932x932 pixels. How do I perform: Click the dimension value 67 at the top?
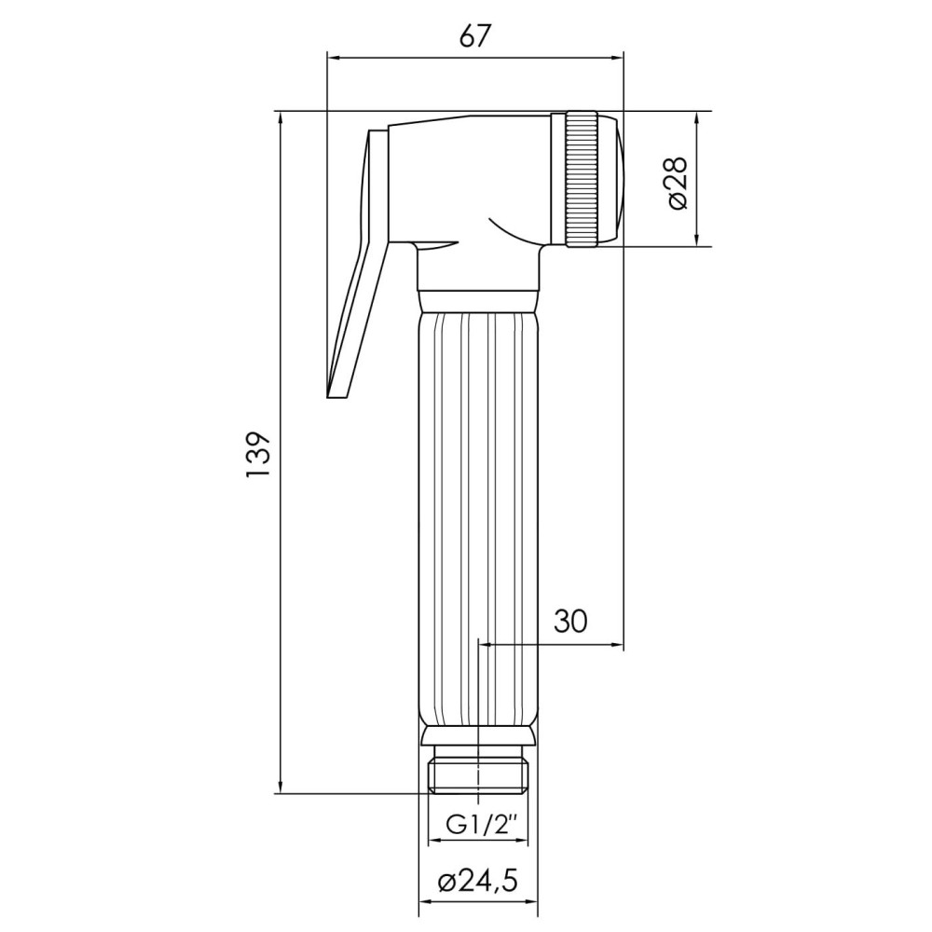(476, 36)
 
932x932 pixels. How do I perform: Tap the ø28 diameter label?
(677, 183)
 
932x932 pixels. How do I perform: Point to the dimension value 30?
(570, 621)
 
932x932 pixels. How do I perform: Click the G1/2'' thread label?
(478, 825)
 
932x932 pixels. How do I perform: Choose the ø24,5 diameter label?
(477, 882)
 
